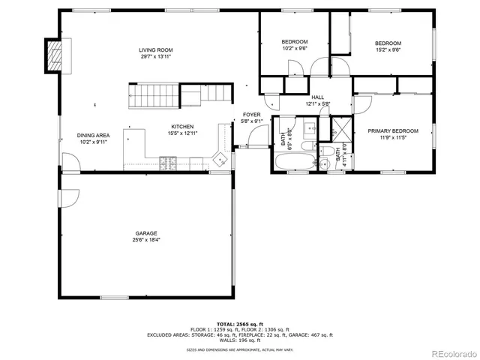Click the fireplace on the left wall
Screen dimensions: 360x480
click(x=54, y=55)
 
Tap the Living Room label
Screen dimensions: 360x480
click(x=156, y=49)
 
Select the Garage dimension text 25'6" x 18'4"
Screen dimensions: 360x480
click(x=146, y=240)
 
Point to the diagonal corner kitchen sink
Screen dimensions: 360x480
click(x=220, y=159)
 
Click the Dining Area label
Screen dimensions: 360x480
click(x=93, y=136)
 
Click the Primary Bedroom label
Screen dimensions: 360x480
click(x=392, y=131)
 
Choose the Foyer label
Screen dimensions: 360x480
click(x=251, y=114)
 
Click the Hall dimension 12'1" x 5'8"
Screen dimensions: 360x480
click(x=317, y=104)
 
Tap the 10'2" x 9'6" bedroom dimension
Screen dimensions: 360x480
click(x=294, y=48)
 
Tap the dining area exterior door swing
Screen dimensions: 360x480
click(x=70, y=160)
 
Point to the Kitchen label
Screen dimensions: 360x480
click(x=183, y=127)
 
